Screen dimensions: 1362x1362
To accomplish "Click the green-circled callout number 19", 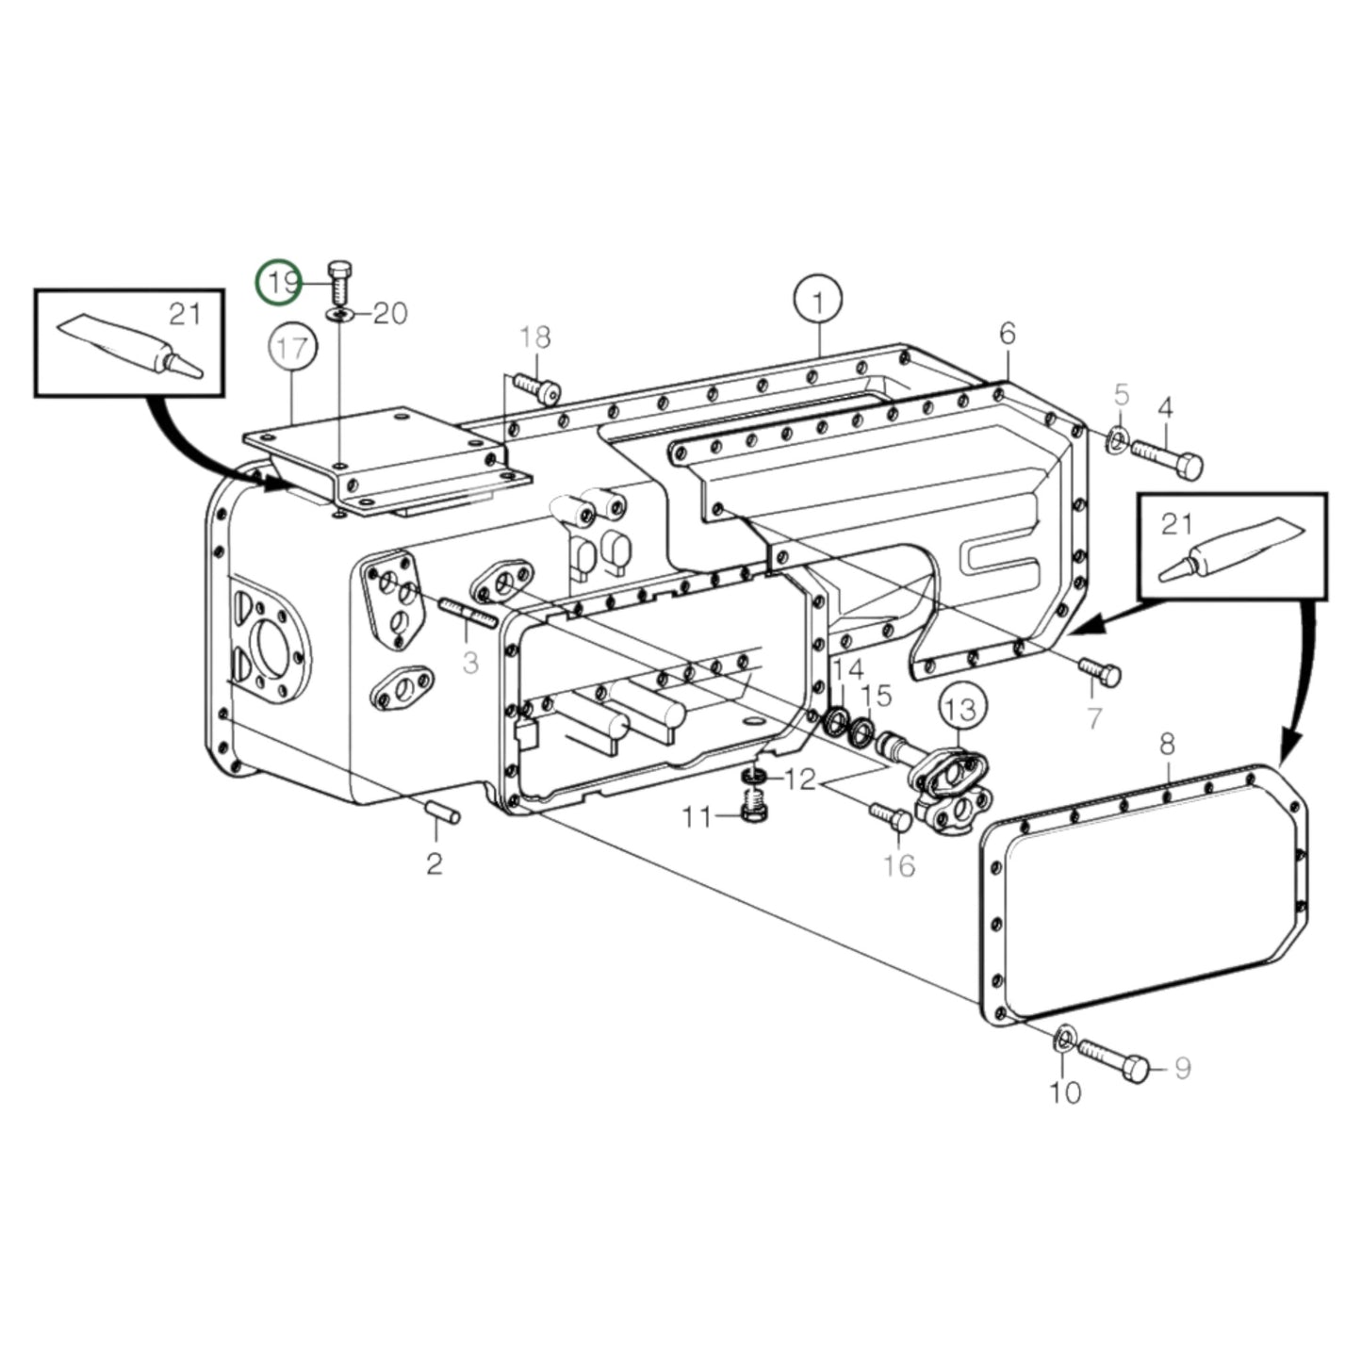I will coord(281,282).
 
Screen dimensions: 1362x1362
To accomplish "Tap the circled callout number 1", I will coord(818,302).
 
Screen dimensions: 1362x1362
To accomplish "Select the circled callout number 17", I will coord(292,349).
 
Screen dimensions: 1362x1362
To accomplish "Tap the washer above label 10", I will coord(1062,1039).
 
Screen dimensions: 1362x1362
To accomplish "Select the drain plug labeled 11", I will coord(751,807).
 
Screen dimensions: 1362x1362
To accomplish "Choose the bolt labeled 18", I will coord(538,386).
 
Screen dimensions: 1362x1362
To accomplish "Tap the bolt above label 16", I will coord(888,816).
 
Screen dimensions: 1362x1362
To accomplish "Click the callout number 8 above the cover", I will coord(1167,746).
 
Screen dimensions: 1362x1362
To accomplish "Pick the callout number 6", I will coord(1008,333).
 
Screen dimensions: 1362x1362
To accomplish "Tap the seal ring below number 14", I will coord(835,724).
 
